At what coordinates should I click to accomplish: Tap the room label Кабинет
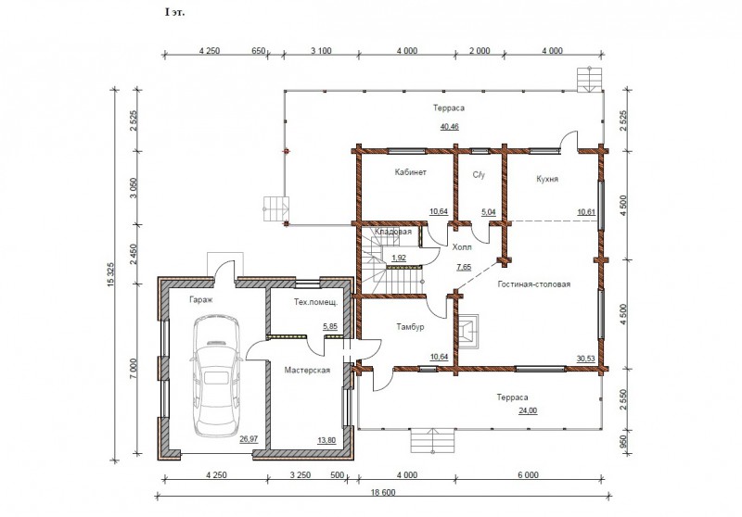(x=410, y=172)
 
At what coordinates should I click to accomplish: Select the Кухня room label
(x=547, y=179)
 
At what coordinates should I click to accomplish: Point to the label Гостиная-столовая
(x=534, y=284)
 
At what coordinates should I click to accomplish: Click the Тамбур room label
(x=410, y=326)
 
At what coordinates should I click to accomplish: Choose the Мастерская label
(x=307, y=370)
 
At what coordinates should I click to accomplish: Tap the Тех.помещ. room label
(x=315, y=302)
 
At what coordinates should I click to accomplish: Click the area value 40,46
(x=449, y=127)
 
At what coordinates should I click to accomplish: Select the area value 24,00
(x=528, y=410)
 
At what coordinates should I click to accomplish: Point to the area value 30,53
(x=586, y=359)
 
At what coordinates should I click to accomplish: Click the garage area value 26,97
(x=249, y=439)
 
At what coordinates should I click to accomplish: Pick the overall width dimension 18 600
(x=382, y=492)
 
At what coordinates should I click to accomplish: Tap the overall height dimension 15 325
(x=110, y=274)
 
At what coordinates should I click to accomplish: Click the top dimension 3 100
(x=321, y=51)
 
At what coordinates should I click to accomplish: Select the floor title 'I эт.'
(x=174, y=12)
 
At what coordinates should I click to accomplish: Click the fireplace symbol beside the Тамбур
(x=468, y=332)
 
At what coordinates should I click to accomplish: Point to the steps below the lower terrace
(x=432, y=440)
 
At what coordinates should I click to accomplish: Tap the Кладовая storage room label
(x=393, y=232)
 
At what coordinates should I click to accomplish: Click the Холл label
(x=462, y=247)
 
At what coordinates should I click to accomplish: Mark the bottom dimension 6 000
(x=528, y=475)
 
